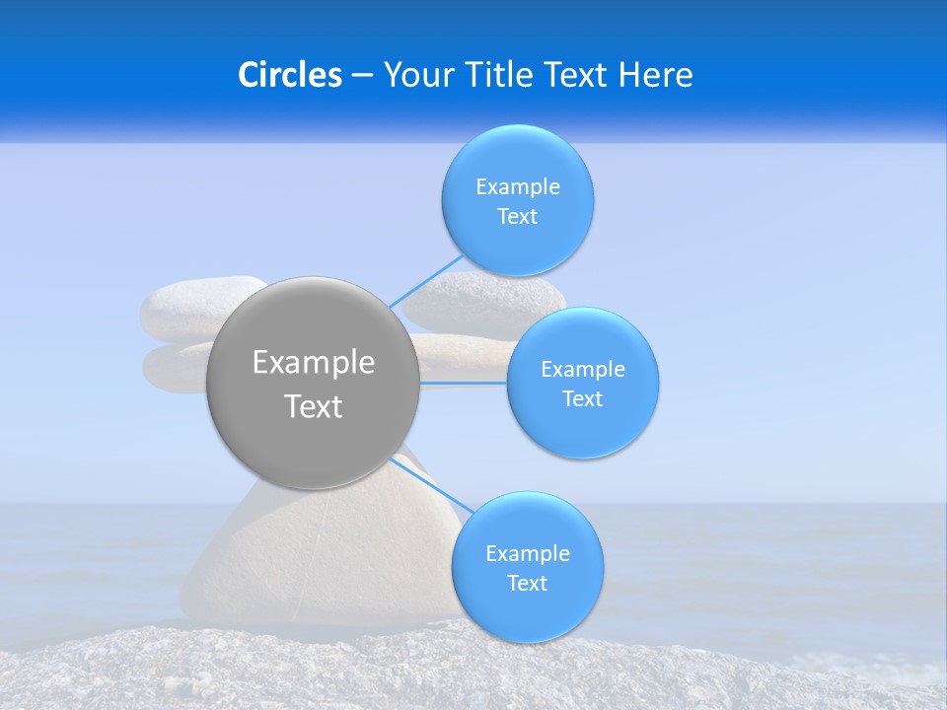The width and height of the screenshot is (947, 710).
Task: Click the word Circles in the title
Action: [289, 75]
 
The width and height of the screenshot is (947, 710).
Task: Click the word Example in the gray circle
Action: [314, 363]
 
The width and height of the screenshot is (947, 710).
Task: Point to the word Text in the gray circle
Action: [314, 406]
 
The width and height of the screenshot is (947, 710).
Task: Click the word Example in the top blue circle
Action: [518, 187]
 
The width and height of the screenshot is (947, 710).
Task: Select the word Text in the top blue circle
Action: [517, 217]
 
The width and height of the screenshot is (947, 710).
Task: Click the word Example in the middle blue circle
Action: [583, 370]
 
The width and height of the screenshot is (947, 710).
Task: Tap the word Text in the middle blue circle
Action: [583, 399]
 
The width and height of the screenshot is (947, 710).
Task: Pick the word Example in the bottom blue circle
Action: [528, 554]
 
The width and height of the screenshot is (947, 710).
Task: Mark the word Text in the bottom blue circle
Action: [527, 584]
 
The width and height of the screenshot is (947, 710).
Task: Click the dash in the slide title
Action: [362, 75]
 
